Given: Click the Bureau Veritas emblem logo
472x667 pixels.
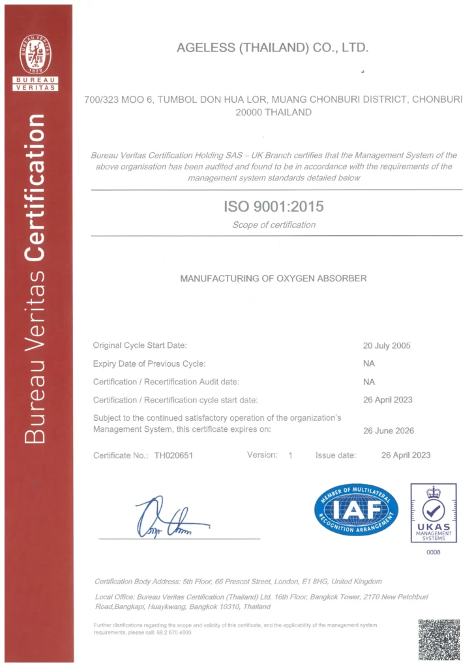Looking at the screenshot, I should tap(36, 55).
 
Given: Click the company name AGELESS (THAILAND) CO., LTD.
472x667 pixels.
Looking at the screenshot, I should tap(273, 48).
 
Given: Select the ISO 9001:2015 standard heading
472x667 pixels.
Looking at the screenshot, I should tap(274, 207).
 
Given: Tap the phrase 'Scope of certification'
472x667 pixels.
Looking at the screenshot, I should tap(274, 225).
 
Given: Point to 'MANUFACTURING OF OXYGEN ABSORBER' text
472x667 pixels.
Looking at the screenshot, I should tap(273, 278).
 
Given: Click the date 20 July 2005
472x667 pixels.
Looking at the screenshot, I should tap(387, 346).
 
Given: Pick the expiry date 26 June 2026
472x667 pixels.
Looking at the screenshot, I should tap(388, 431).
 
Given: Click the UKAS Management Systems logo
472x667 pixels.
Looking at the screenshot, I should tap(434, 513).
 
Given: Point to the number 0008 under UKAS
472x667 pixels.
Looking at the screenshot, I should tap(434, 552).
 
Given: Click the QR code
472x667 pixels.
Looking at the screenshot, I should tap(439, 640).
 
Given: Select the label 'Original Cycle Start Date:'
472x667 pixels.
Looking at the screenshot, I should tap(140, 346).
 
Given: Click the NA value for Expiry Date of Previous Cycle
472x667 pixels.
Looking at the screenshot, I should tap(369, 363).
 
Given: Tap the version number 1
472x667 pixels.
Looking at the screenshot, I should tap(290, 455).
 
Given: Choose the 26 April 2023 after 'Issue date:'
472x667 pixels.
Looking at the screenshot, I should tap(406, 455).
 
